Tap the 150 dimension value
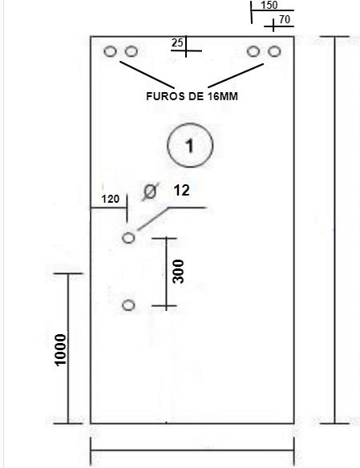[269, 5]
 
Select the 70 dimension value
[285, 19]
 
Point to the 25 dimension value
[177, 42]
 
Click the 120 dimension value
[111, 199]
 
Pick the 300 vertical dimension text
[179, 272]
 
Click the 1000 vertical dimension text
[60, 350]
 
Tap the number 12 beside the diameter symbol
[181, 191]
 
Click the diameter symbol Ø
[150, 192]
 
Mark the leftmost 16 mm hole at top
[110, 51]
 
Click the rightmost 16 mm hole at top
[274, 51]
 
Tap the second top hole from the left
[131, 51]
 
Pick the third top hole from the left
[253, 51]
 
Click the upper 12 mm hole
[128, 238]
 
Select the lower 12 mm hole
[128, 305]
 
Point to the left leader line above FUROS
[148, 75]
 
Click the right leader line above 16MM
[236, 76]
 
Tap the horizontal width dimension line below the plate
[192, 450]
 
